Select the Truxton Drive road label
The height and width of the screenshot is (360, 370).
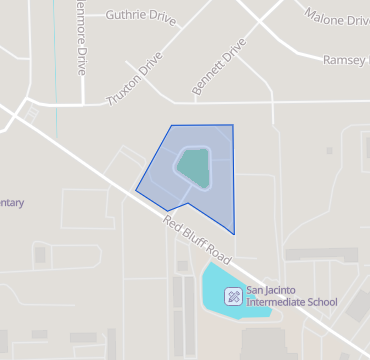tap(133, 80)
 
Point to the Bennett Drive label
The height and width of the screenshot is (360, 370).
tap(218, 69)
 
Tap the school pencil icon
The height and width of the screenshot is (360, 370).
tap(233, 295)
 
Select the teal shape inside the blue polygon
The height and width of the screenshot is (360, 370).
tap(194, 167)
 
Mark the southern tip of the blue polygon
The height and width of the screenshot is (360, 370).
tap(234, 234)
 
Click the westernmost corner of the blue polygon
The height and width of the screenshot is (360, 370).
tap(136, 189)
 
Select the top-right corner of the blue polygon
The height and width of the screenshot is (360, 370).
tap(233, 125)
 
